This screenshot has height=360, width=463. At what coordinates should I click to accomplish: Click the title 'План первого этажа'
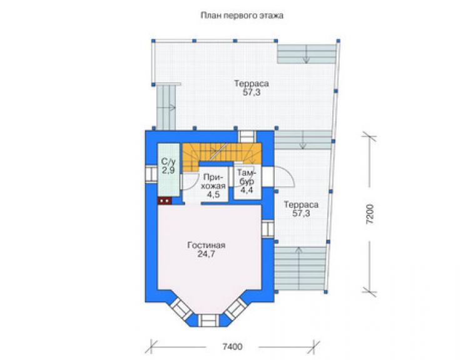[x=242, y=16]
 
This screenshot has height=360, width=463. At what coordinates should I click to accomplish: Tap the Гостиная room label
[x=206, y=245]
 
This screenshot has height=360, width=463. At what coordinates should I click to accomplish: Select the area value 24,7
[x=206, y=254]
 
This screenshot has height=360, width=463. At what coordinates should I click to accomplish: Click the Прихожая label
[x=215, y=181]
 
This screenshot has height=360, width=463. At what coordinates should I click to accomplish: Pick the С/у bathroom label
[x=168, y=162]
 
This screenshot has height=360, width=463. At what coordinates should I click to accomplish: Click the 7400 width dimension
[x=232, y=346]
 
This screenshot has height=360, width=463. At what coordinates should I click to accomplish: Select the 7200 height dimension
[x=370, y=213]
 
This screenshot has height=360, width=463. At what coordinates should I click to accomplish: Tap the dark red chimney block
[x=165, y=201]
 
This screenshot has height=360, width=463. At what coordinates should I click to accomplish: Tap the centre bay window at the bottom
[x=208, y=320]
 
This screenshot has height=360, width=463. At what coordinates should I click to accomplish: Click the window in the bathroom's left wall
[x=151, y=174]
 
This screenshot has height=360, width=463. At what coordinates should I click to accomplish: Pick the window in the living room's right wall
[x=268, y=229]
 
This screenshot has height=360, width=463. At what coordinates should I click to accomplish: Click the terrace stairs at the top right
[x=307, y=54]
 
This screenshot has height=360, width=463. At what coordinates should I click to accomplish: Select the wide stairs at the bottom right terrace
[x=300, y=269]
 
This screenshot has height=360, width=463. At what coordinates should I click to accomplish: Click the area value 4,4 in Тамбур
[x=247, y=190]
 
